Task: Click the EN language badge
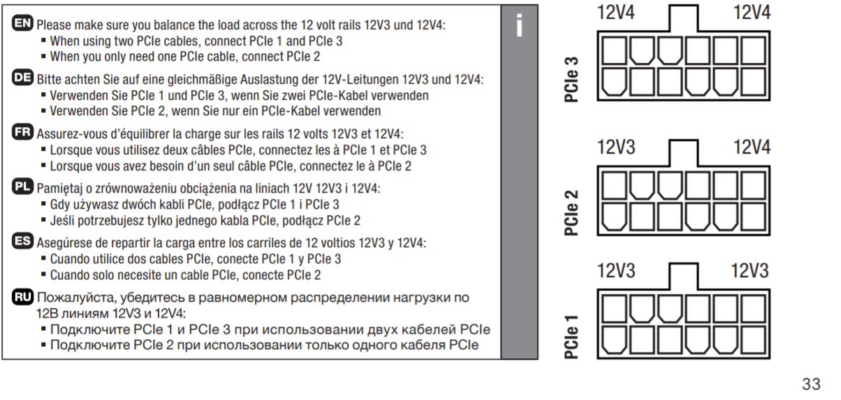pos(23,24)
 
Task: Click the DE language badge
pos(23,78)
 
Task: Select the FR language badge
pos(23,133)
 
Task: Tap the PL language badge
pos(23,187)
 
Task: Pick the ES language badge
pos(23,242)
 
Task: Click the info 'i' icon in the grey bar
pos(518,25)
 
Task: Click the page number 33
pos(811,383)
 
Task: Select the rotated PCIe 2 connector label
pos(571,210)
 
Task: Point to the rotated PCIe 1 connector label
pos(571,337)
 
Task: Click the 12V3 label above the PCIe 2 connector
pos(616,147)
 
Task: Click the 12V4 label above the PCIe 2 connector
pos(752,147)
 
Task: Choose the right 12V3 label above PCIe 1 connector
pos(749,271)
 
